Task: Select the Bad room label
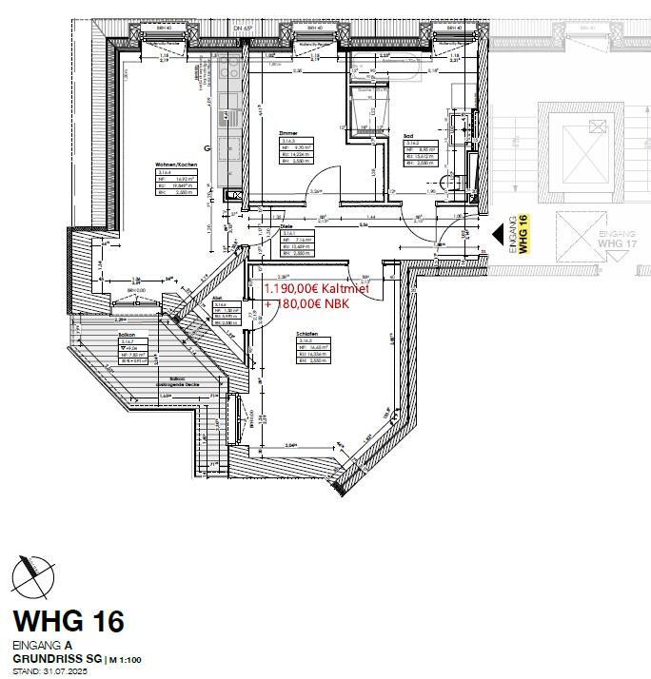tap(407, 136)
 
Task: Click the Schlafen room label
tap(306, 334)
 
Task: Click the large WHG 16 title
tap(68, 622)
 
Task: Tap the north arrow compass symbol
tap(33, 574)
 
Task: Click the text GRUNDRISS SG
tap(56, 658)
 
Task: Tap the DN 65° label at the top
tap(243, 30)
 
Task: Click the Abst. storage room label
tap(218, 297)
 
